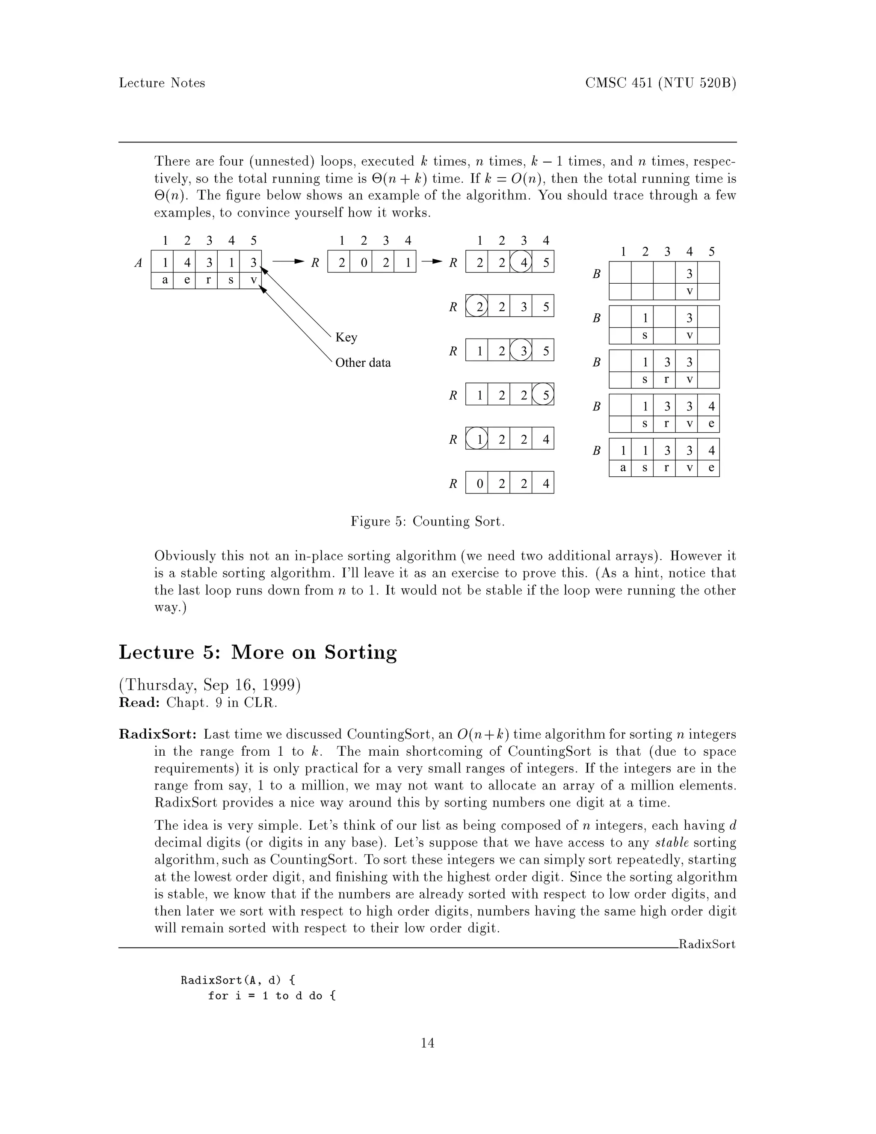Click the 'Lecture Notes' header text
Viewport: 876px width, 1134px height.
[x=162, y=83]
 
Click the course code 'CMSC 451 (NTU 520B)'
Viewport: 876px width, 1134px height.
[x=660, y=83]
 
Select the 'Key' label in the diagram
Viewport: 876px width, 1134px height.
[x=346, y=338]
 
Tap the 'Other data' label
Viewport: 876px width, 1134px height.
[x=363, y=362]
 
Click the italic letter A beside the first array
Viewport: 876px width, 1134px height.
[x=138, y=263]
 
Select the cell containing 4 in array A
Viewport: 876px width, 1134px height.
[x=187, y=263]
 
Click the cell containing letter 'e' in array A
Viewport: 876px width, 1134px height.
[x=187, y=280]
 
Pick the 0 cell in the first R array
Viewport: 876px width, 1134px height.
[x=364, y=263]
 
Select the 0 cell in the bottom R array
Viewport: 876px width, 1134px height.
[x=479, y=484]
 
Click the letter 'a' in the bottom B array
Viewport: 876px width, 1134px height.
[x=622, y=468]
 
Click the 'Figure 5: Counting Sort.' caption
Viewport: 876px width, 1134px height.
[x=428, y=521]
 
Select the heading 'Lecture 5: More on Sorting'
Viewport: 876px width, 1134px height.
[x=258, y=652]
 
